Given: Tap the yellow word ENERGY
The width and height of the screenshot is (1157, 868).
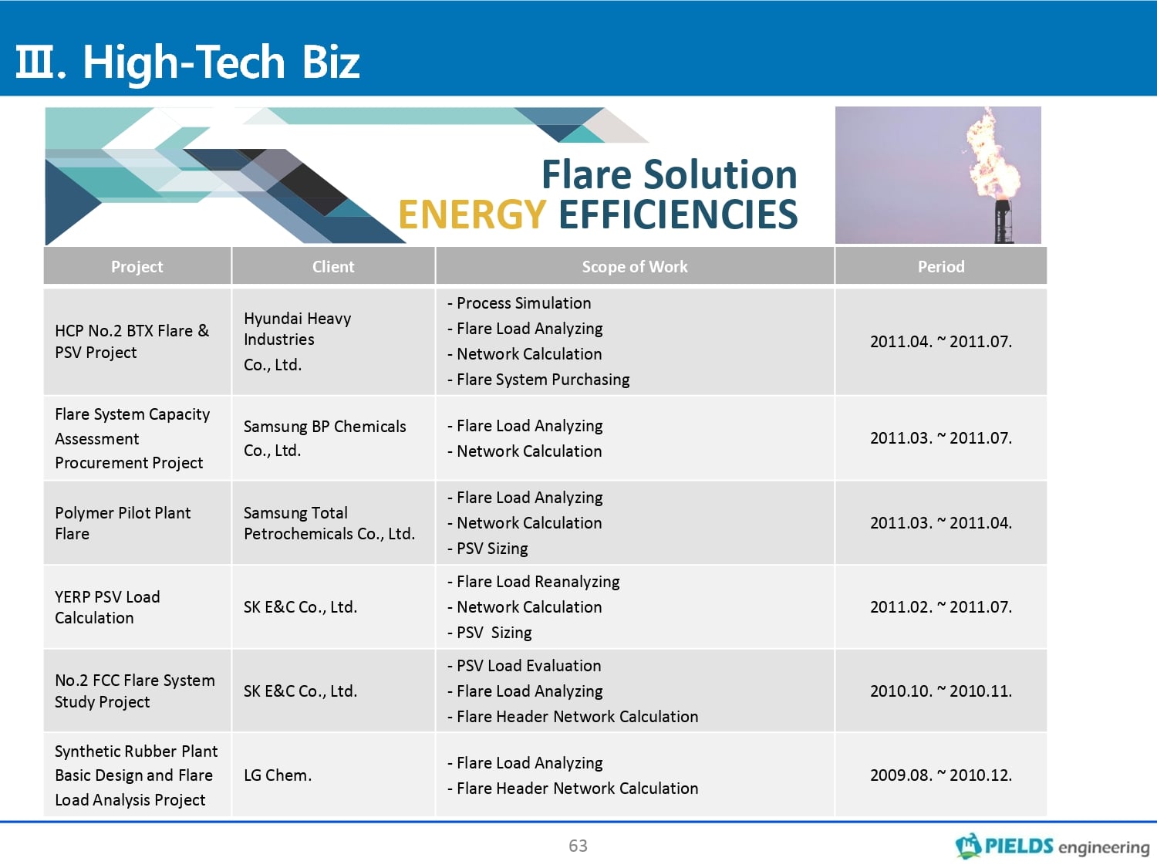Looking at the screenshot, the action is [472, 214].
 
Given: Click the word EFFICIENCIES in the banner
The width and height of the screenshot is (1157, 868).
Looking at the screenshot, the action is [678, 214].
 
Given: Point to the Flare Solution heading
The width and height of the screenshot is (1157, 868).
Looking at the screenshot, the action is [670, 174].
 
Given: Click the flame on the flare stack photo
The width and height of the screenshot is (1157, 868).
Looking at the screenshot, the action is [991, 156].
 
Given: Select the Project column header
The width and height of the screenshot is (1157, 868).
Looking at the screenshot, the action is [137, 267].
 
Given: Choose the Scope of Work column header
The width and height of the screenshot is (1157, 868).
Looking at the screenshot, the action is [635, 267].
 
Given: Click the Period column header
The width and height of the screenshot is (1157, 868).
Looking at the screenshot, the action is [941, 267].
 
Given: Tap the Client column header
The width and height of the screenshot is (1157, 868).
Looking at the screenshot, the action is [333, 267].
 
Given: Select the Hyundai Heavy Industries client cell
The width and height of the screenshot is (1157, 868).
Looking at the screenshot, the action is [298, 342].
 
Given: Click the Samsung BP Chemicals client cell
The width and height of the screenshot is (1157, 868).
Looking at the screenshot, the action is [325, 438].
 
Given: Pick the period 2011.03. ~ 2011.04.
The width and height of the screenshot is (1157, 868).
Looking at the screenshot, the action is [941, 523].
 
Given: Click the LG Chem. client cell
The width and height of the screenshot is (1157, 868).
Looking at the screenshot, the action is [278, 775].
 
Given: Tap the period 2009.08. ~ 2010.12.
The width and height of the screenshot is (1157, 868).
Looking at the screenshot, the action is [941, 775].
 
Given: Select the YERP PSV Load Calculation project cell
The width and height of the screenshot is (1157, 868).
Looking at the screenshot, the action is [107, 607].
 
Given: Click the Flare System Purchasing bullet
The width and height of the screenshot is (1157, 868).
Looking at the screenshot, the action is [538, 380].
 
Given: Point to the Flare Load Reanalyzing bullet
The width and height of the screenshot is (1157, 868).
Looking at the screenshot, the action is [534, 582].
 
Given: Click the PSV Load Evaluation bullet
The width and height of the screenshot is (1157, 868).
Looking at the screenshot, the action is [524, 666].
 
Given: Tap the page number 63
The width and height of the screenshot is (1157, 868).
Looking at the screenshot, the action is [578, 846].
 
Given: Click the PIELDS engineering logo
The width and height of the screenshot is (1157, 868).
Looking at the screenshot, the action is [1052, 846].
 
